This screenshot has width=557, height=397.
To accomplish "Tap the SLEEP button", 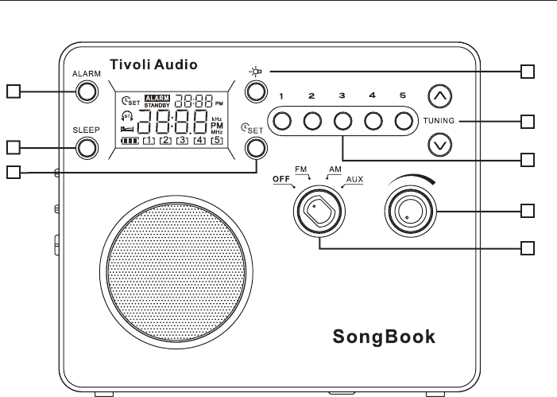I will [87, 146].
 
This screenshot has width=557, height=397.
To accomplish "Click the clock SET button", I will [255, 147].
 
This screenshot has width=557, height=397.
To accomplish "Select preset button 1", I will [281, 121].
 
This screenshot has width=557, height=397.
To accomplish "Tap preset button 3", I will [342, 121].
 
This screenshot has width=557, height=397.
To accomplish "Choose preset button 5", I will [404, 121].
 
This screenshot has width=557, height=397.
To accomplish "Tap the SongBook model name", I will [383, 336].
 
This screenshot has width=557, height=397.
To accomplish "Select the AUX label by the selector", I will [354, 179].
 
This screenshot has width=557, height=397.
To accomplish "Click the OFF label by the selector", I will [280, 179].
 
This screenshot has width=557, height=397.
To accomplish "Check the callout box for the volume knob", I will [526, 211].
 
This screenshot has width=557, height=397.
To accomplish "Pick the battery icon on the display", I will [129, 140].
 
